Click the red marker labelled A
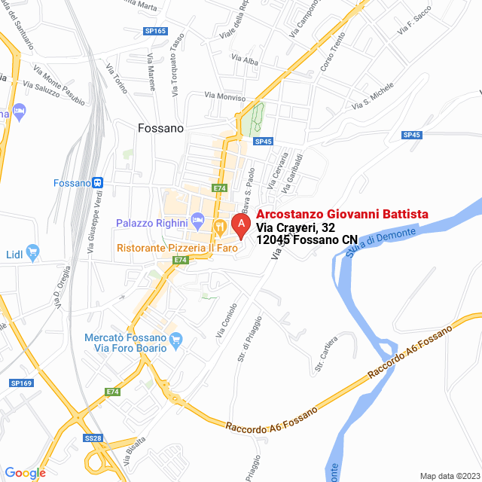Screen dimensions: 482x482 coord(240,224)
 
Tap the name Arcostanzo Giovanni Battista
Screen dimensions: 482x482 coord(342,214)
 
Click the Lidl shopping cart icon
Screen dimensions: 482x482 coord(32,252)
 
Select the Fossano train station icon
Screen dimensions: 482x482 coord(98,182)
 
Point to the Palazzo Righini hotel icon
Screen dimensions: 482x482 coord(198,222)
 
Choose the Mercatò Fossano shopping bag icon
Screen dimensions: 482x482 coord(177,340)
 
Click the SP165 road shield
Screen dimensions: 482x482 coord(155,31)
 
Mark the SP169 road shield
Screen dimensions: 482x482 coord(23,383)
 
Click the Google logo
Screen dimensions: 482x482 coord(25,473)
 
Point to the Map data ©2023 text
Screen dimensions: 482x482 coord(449,476)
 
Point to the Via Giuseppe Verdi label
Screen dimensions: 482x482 coord(96,225)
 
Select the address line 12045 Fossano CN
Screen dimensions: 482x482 coord(307,240)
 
